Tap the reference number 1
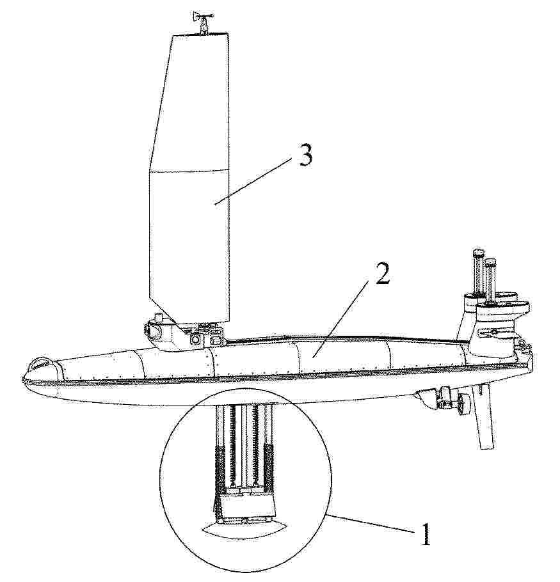426,534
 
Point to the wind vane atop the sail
203,22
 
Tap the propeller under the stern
463,405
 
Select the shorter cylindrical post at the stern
490,281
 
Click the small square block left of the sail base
159,318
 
